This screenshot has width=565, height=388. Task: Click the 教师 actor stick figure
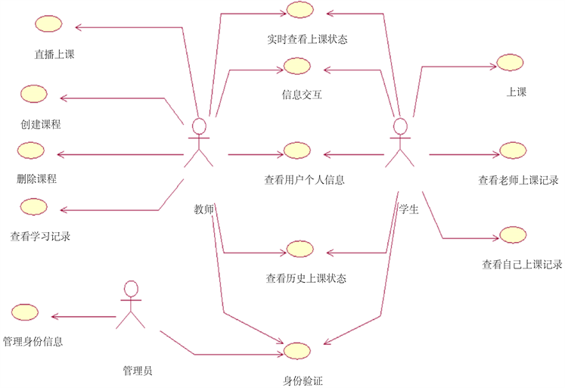coord(198,143)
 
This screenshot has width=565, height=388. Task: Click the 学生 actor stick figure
coord(400,143)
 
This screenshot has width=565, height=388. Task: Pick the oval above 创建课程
coord(34,93)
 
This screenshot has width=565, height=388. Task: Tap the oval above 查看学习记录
coord(34,206)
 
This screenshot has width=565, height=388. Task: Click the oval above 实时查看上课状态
coord(299,10)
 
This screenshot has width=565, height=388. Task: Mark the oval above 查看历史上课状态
coord(299,250)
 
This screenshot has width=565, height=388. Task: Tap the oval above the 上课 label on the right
coord(508,64)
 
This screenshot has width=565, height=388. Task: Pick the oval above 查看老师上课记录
coord(513,150)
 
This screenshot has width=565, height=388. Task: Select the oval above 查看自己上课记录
coord(513,234)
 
